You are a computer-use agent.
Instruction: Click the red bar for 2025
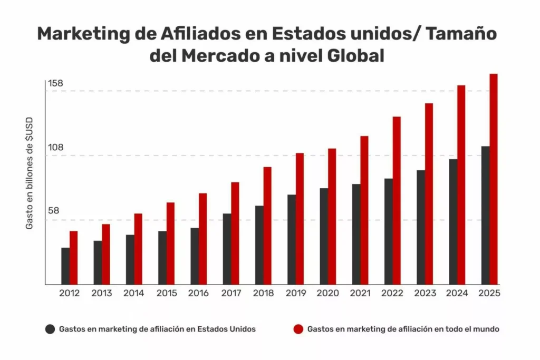pos(494,179)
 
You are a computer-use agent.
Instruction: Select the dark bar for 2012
pos(65,266)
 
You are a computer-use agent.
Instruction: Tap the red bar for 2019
pos(300,219)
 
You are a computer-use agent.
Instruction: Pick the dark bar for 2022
pos(389,231)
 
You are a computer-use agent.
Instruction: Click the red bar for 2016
pos(202,239)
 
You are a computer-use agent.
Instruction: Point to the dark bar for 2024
pos(453,221)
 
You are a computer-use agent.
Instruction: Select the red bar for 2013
pos(106,254)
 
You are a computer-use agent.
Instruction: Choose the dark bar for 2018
pos(259,245)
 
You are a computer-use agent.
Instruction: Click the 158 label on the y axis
pos(55,83)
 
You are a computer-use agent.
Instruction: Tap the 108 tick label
pos(55,147)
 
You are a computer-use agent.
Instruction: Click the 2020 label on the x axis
pos(328,294)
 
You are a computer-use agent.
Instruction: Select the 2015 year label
pos(167,294)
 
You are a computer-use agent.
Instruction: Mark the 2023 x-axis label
pos(425,294)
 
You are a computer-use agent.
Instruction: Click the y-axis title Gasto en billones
pos(30,172)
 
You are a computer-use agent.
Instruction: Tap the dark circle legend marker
pos(50,329)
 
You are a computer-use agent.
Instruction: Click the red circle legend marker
pos(298,329)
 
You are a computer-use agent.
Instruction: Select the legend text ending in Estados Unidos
pos(157,329)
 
